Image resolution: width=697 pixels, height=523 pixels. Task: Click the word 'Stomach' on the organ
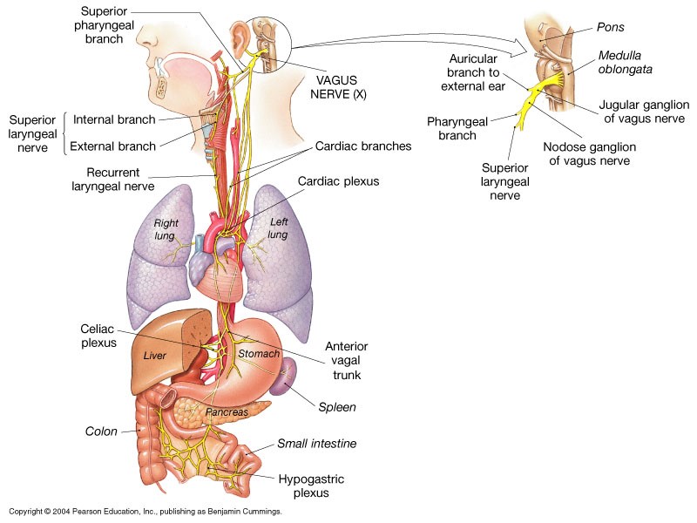pyautogui.click(x=259, y=354)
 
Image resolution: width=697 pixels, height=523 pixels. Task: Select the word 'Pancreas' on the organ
pyautogui.click(x=227, y=411)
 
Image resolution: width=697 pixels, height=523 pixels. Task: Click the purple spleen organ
pyautogui.click(x=285, y=379)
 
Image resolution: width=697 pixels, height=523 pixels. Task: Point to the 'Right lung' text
pyautogui.click(x=166, y=229)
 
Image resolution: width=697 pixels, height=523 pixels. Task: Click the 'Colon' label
pyautogui.click(x=101, y=431)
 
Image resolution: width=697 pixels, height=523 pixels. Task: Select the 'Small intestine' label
pyautogui.click(x=317, y=444)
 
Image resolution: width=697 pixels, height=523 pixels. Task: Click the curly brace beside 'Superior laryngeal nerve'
pyautogui.click(x=65, y=132)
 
